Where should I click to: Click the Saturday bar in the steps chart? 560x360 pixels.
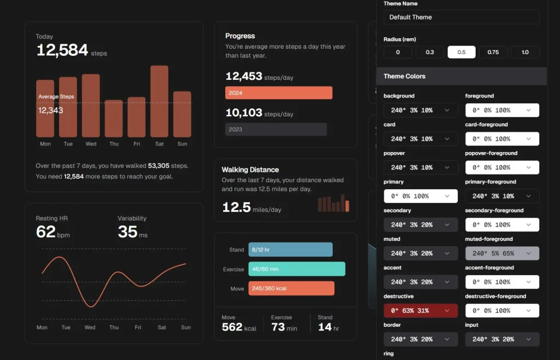159,101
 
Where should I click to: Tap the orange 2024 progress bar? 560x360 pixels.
278,93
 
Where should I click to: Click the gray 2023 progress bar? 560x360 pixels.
276,129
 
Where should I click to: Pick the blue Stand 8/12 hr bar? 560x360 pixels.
290,249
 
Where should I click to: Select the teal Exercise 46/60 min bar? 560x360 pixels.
296,269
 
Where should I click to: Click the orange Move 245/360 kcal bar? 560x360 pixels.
291,288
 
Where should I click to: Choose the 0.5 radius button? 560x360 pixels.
462,52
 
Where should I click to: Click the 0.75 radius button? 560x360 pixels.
493,52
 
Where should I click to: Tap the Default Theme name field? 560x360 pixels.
461,17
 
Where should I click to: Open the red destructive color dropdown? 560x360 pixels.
421,311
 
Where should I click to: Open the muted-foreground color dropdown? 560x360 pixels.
502,253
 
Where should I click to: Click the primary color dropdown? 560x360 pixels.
421,196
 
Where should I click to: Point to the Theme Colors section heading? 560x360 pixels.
405,76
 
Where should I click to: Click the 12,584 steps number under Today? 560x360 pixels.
62,50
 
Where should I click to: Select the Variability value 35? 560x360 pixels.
127,232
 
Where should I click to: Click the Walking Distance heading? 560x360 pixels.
250,170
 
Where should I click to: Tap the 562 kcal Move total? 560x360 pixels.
232,327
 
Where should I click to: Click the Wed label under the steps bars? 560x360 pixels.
91,144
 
